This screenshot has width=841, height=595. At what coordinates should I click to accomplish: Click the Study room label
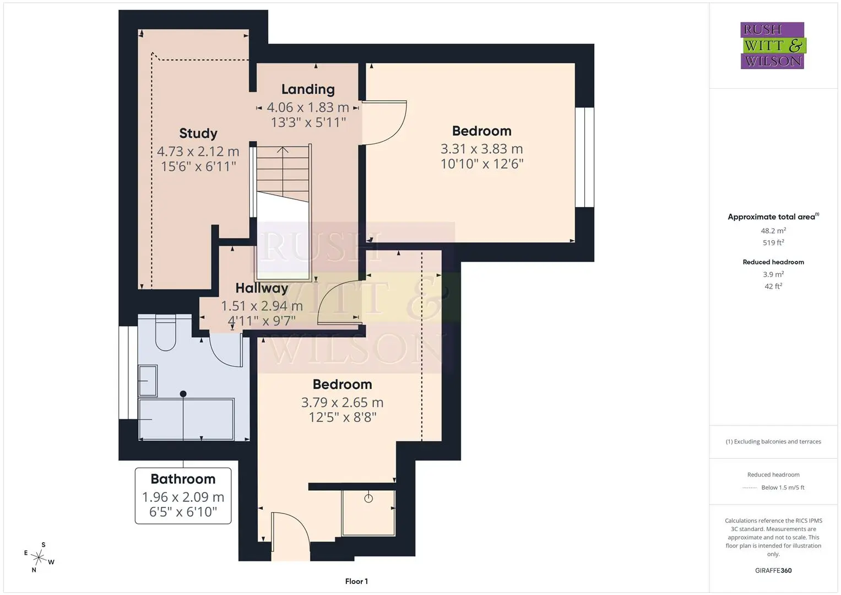pos(198,133)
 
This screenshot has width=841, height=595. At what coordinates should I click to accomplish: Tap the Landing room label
pos(308,89)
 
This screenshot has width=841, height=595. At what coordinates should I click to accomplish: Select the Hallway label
pos(262,288)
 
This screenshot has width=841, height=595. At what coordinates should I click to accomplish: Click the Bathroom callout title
pos(183,479)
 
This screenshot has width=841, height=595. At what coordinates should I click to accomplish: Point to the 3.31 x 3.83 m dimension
pos(482,149)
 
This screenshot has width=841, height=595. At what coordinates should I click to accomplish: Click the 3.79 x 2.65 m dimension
pos(343,403)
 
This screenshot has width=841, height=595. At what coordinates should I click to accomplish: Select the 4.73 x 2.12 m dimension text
pos(198,152)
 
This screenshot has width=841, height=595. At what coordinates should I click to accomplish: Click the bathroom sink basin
pos(148,381)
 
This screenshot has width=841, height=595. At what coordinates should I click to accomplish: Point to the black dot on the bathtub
pos(183,394)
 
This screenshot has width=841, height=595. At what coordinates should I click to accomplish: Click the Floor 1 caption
pos(357,581)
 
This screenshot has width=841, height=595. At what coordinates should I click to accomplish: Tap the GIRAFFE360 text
pos(773,570)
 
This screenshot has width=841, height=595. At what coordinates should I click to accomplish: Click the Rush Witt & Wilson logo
pos(773,45)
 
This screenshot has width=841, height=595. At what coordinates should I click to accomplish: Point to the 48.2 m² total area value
pos(773,231)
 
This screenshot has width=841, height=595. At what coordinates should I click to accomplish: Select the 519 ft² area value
pos(773,242)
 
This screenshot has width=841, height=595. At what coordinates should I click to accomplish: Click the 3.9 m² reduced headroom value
pos(773,274)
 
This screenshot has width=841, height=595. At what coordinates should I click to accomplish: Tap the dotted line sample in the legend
pos(750,488)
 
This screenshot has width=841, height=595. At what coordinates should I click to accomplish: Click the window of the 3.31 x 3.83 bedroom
pos(584,158)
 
